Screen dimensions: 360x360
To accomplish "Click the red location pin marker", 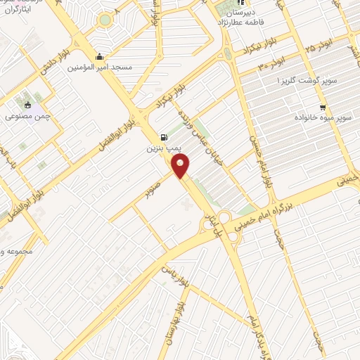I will [x=181, y=166].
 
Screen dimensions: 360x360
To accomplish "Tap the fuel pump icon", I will [x=164, y=138].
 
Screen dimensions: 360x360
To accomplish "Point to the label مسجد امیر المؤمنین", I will [x=100, y=68].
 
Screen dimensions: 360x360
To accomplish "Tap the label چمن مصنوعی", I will [x=27, y=116].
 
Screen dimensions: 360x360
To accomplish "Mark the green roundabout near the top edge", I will [x=105, y=20].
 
